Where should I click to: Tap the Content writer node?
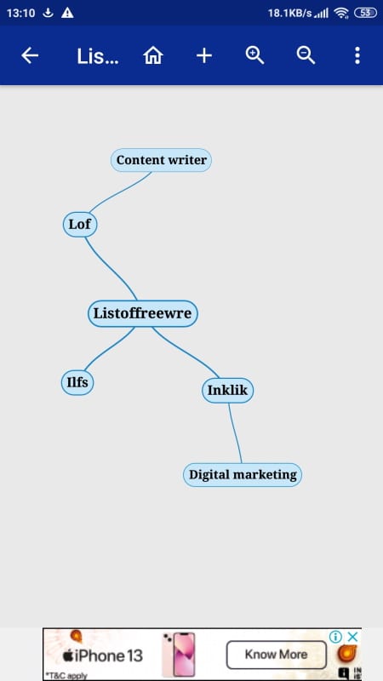(x=161, y=160)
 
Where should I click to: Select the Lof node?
(x=80, y=225)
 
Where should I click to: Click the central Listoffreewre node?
(x=142, y=313)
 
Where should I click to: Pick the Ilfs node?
(x=77, y=382)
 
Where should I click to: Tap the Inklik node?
(x=227, y=391)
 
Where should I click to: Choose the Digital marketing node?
(x=243, y=475)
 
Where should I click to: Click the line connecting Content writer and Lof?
(x=119, y=192)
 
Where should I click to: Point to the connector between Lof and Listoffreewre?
(x=111, y=267)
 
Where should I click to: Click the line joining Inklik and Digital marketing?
(x=235, y=433)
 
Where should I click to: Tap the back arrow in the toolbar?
(x=30, y=55)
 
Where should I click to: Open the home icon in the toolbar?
(x=153, y=55)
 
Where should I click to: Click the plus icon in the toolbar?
(x=204, y=55)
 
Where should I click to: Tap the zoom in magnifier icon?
(x=254, y=55)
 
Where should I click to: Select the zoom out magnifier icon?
(x=306, y=55)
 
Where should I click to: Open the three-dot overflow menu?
(x=357, y=55)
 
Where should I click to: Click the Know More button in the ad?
(x=276, y=655)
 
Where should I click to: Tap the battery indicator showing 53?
(x=366, y=13)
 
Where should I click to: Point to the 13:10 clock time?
(x=20, y=13)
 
